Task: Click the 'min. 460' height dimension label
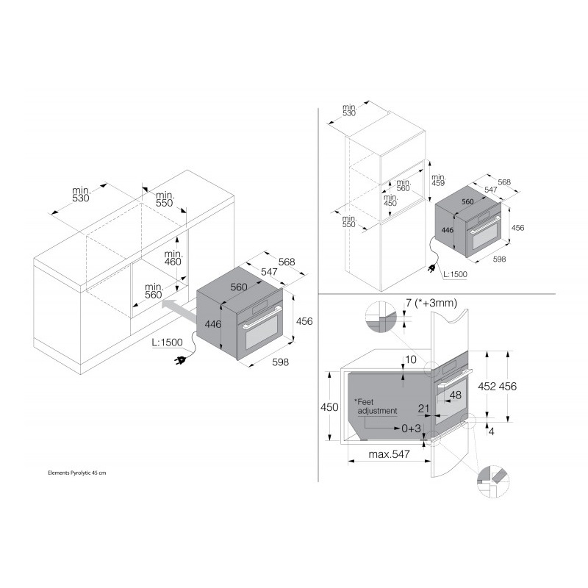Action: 173,258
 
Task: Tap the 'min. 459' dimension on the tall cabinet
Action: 438,180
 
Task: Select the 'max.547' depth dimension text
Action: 390,454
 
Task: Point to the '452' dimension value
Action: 487,387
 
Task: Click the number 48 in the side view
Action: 455,395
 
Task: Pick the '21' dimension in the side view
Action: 423,408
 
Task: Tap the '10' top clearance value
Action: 411,359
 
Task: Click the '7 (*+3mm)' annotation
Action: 431,303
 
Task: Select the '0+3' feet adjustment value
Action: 411,428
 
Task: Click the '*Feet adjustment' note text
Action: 376,406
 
